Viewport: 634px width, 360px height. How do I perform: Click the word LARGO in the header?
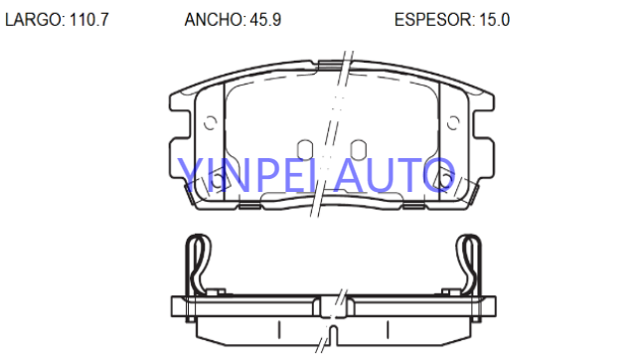click(x=34, y=20)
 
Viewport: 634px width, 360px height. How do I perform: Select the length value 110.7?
click(x=89, y=20)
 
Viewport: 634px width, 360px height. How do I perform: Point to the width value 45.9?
click(x=265, y=20)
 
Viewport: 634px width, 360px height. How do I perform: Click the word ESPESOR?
click(x=434, y=20)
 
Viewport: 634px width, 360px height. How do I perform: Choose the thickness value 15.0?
click(x=494, y=20)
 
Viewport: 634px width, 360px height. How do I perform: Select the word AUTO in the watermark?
click(x=395, y=175)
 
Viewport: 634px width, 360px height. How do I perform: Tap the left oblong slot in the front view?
click(x=305, y=149)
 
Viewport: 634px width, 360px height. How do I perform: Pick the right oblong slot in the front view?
click(x=359, y=149)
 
